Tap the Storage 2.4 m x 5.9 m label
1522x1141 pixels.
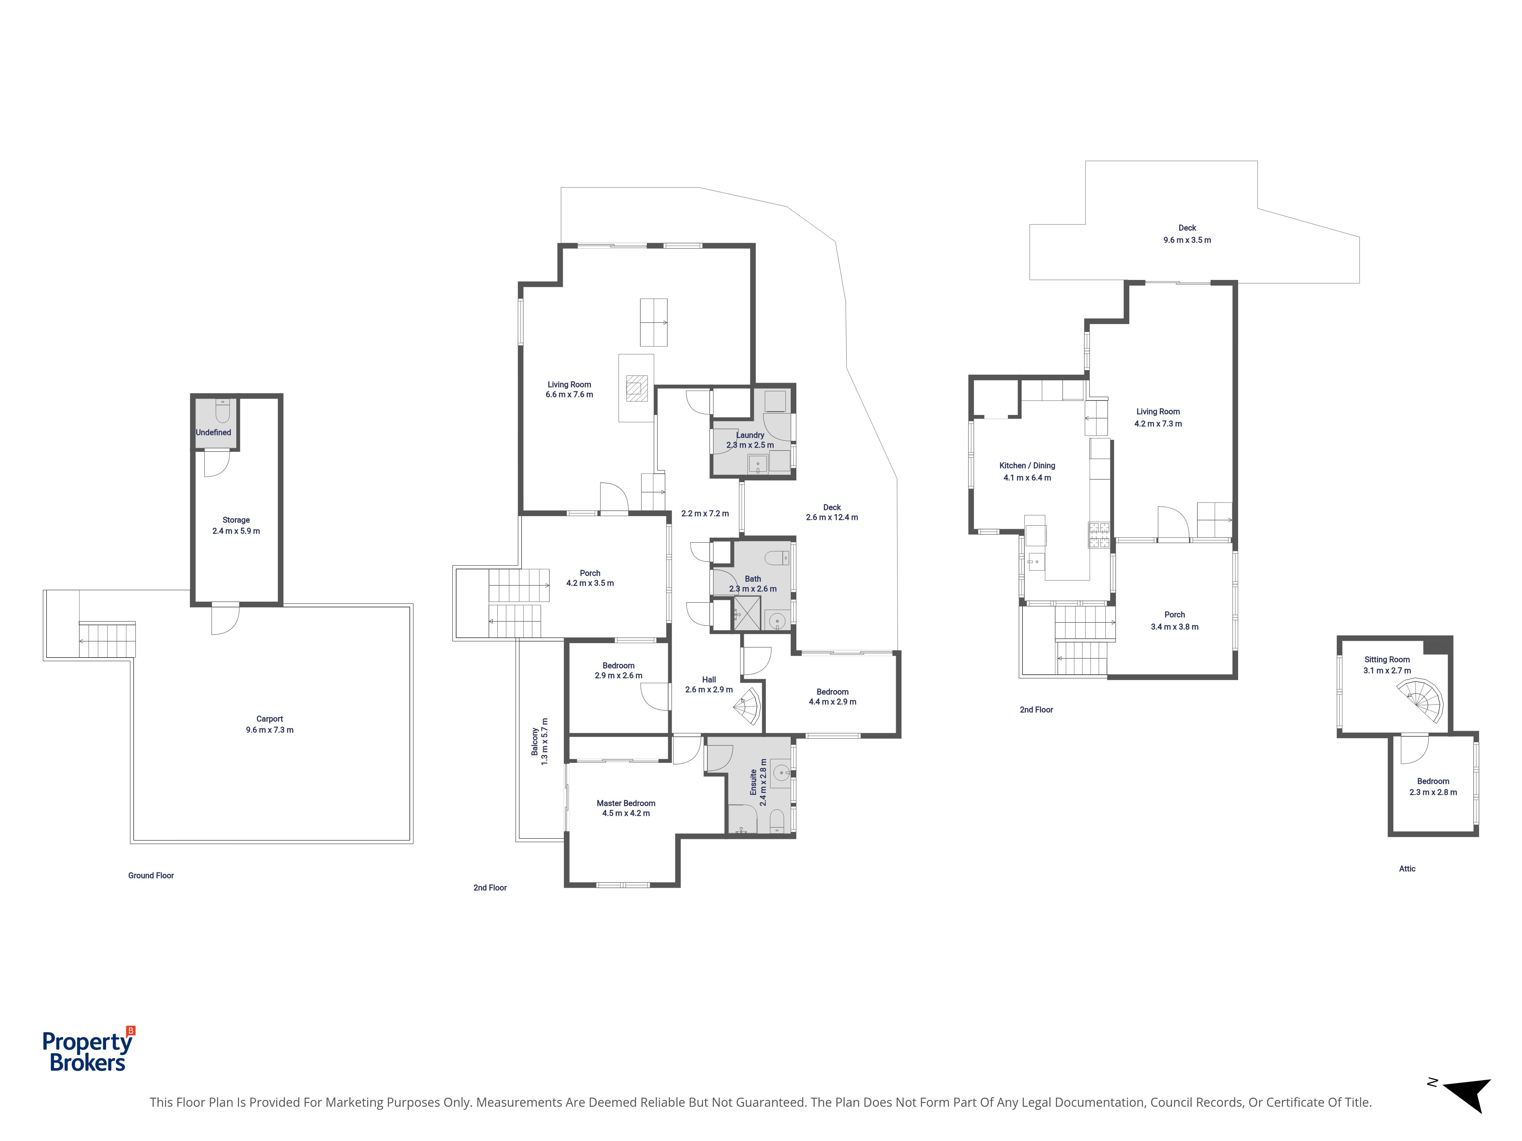[x=236, y=526]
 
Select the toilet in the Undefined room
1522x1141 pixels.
[x=222, y=411]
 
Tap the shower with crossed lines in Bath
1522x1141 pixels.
[x=747, y=613]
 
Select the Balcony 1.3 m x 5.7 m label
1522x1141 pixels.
[x=540, y=741]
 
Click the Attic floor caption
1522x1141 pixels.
[x=1407, y=869]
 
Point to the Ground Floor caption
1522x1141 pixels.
[x=151, y=876]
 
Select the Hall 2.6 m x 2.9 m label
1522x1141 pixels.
[x=709, y=684]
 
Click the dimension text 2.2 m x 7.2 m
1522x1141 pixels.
[x=705, y=513]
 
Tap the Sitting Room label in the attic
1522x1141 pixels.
[x=1387, y=659]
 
